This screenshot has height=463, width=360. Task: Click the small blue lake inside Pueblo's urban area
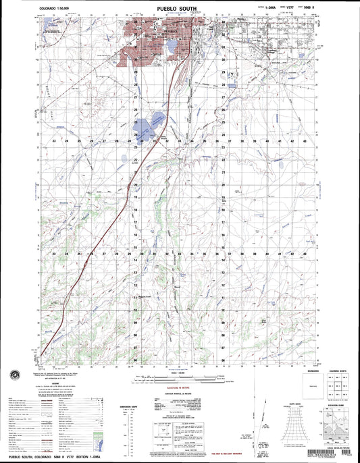coord(172,47)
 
